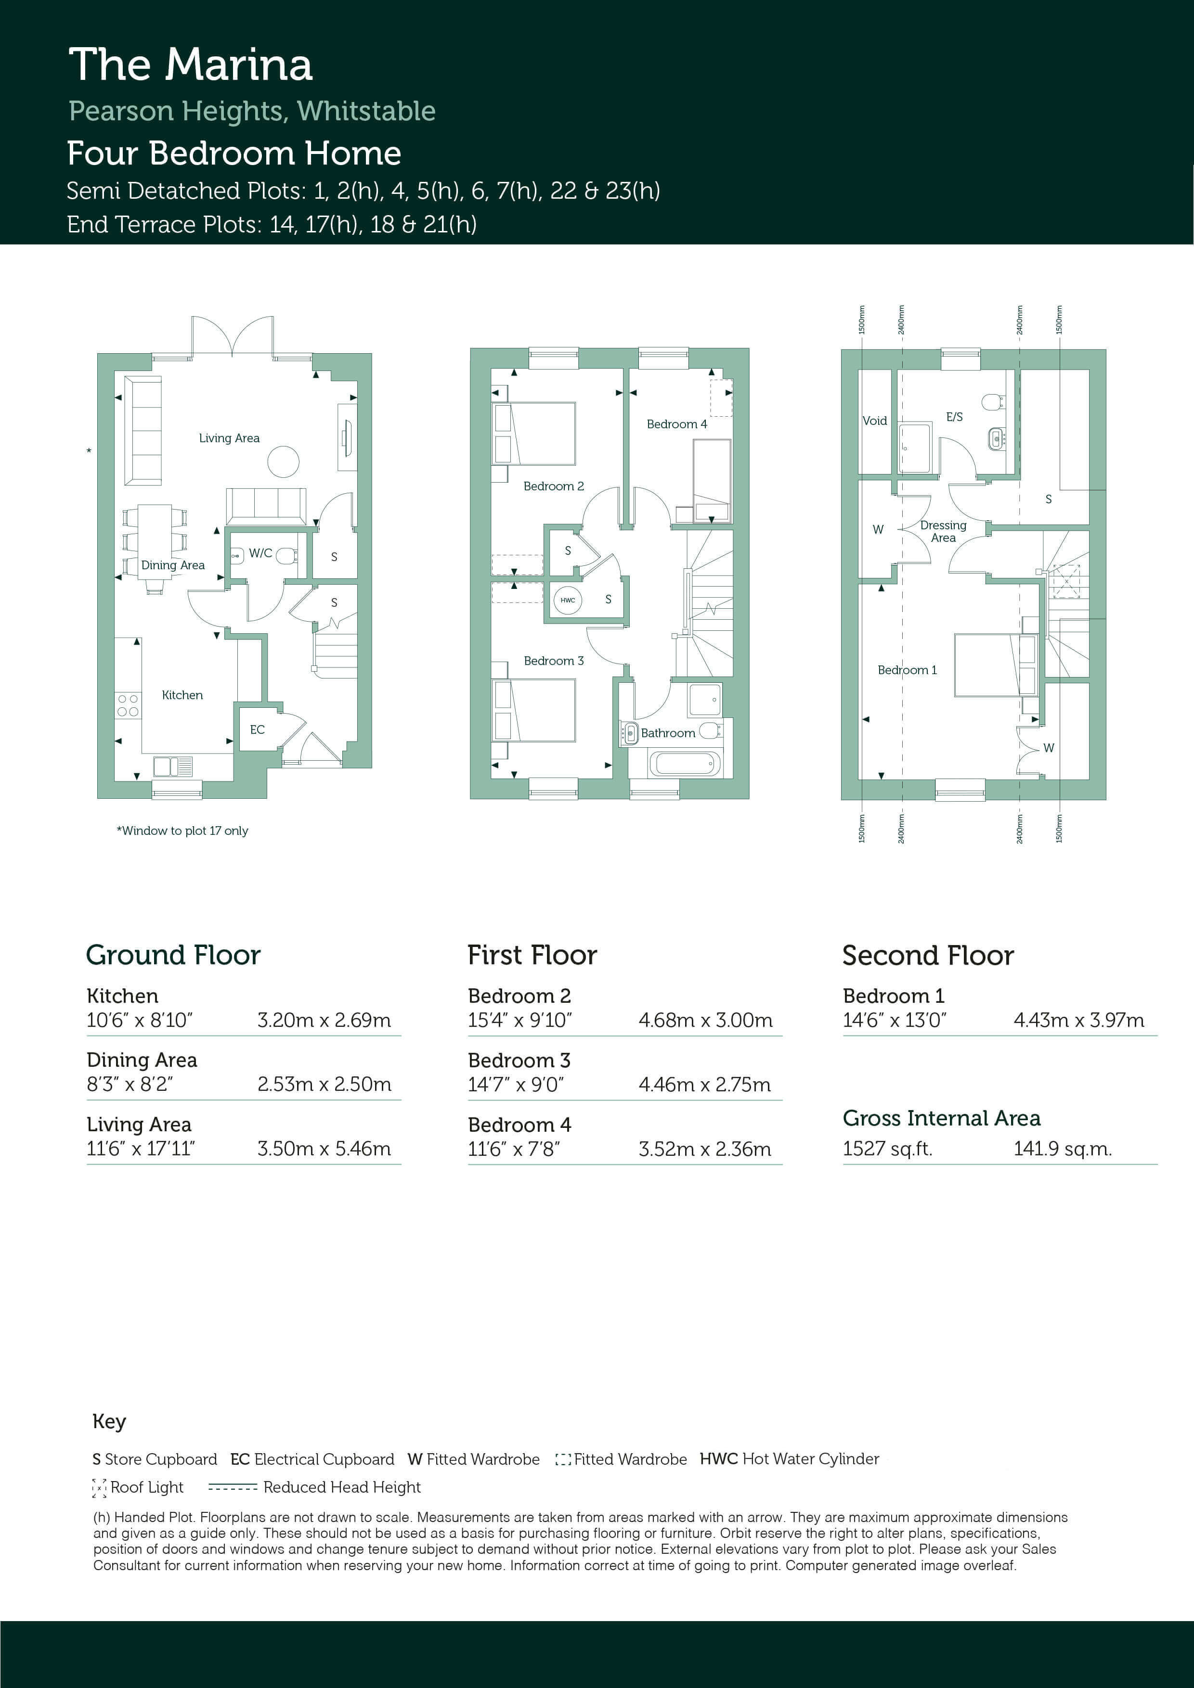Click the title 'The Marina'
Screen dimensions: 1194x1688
pos(191,64)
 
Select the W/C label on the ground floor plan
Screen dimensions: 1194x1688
pos(260,553)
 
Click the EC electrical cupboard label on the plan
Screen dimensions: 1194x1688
pos(257,729)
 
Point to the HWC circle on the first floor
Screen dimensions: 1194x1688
pos(567,600)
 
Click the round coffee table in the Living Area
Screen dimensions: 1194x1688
pos(283,462)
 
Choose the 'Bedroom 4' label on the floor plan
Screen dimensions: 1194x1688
pos(677,424)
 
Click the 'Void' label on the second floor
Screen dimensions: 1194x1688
pos(875,421)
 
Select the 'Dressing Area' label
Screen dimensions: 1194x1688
pos(943,531)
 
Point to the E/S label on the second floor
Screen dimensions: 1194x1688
pos(954,417)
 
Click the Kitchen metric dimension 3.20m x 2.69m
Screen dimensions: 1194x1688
pos(324,1021)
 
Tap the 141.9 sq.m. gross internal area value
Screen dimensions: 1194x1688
pos(1062,1149)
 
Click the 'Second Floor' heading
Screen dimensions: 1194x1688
pos(928,955)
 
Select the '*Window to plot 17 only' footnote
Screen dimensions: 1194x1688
pos(182,831)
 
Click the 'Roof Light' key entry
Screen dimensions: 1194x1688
pos(138,1487)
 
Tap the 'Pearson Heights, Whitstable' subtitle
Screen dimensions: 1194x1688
pos(252,111)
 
